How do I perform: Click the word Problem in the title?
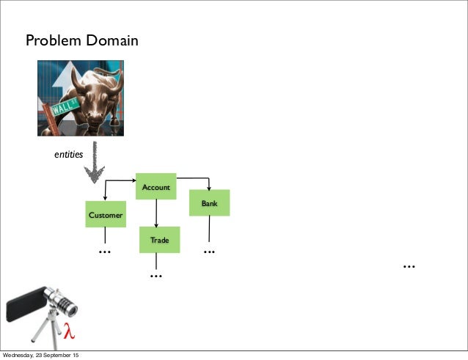coord(54,41)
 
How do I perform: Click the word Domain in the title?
coord(111,41)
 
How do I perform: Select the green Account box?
coord(156,187)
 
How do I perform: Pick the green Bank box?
coord(210,202)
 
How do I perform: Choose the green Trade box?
coord(159,240)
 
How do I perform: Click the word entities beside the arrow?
coord(69,155)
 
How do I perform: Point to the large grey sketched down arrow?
coord(94,165)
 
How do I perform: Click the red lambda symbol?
coord(69,331)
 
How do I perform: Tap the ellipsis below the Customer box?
coord(104,251)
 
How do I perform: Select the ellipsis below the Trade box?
coord(155,275)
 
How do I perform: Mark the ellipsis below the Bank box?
coord(209,251)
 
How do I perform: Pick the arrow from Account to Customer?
coord(120,181)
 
